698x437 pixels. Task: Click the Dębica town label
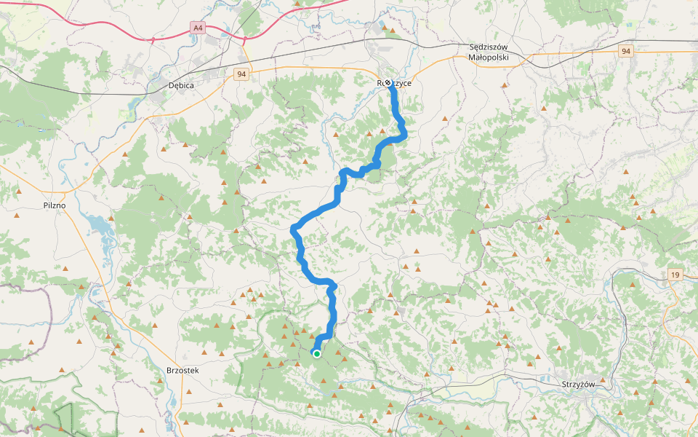click(181, 85)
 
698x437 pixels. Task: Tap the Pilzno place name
click(55, 205)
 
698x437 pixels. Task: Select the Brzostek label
click(182, 370)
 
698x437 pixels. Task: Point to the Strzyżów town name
click(579, 384)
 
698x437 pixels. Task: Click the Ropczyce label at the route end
click(395, 83)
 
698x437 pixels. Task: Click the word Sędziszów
click(492, 47)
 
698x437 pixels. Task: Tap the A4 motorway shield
click(197, 28)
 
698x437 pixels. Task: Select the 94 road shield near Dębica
click(241, 74)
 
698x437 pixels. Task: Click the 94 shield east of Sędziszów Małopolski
click(626, 51)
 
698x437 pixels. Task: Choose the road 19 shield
click(675, 274)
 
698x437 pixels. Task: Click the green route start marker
click(317, 354)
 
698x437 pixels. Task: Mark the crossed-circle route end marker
click(388, 83)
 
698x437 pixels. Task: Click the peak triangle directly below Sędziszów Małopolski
click(504, 85)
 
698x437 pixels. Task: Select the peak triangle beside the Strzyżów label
click(602, 380)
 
